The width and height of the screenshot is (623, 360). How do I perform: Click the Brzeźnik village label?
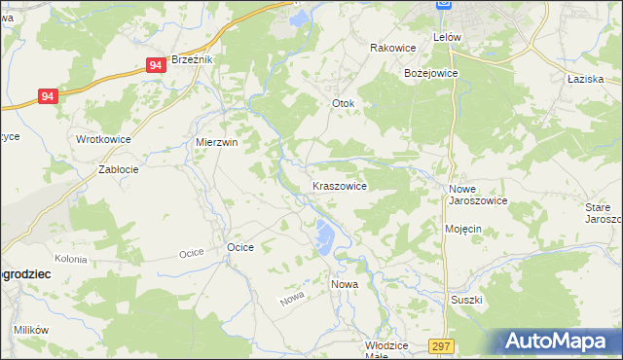tap(192, 59)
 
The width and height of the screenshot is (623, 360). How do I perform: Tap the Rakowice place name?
tap(393, 47)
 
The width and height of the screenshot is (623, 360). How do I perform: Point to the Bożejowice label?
tap(430, 73)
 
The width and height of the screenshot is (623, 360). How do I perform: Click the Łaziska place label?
tap(587, 80)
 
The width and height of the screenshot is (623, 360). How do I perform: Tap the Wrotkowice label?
tap(103, 139)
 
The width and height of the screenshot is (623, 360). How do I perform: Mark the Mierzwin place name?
tap(217, 141)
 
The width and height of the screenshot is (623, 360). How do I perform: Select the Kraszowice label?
tap(339, 185)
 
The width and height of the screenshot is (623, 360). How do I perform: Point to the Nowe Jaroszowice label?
tap(477, 195)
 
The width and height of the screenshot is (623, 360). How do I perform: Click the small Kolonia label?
tap(71, 259)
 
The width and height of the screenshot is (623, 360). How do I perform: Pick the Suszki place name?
tap(466, 300)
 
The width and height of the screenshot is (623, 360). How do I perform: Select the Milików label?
tap(31, 330)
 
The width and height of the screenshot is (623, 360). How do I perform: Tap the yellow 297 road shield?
tap(442, 345)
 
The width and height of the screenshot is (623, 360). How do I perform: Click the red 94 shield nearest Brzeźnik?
tap(156, 64)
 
